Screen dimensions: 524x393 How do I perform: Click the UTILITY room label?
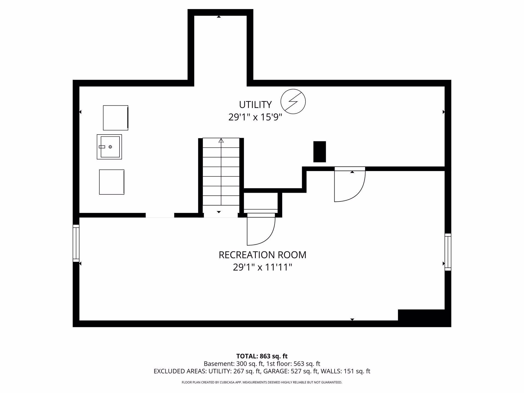255,105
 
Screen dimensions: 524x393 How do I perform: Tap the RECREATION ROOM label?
263,255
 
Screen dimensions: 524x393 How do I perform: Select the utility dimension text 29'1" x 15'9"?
255,117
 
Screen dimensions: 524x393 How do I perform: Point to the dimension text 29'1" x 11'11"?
263,267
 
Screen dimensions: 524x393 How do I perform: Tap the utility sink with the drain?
109,147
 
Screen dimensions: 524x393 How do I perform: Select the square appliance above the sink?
116,118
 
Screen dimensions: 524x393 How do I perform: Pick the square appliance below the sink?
112,182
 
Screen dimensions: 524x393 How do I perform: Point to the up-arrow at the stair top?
221,141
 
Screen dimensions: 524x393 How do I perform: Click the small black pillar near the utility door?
320,152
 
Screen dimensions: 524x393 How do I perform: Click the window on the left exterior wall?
76,243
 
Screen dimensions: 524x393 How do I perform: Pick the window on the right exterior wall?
448,252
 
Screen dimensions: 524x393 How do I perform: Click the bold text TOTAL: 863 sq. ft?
262,356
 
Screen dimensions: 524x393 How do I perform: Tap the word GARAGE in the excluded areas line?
278,371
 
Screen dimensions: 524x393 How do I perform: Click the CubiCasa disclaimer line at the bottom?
262,382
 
